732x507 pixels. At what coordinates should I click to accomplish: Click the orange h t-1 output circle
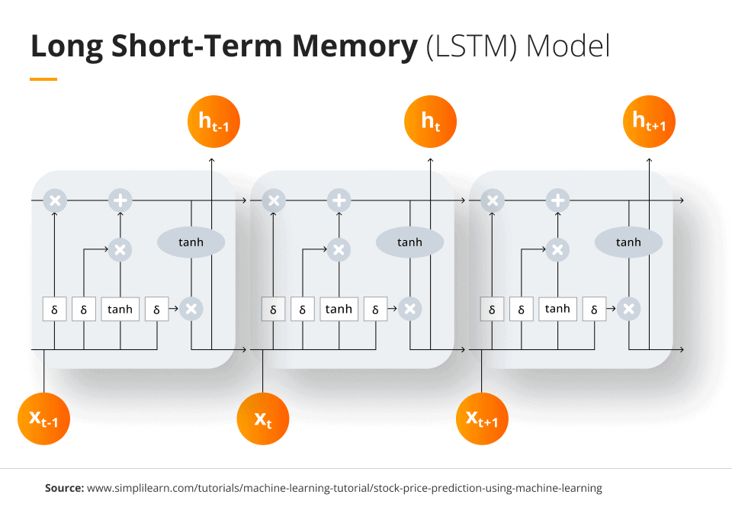(x=213, y=120)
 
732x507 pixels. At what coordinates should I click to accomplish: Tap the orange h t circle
(x=431, y=120)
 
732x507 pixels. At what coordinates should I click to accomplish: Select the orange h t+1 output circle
(x=650, y=120)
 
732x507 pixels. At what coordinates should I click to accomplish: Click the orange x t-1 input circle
(x=43, y=418)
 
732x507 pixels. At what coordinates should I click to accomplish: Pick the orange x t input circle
(x=262, y=418)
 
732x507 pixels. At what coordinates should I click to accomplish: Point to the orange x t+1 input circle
(x=482, y=418)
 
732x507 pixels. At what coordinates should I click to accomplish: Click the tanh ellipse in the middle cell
(x=409, y=242)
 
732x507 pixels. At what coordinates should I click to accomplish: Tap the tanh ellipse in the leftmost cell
(x=191, y=242)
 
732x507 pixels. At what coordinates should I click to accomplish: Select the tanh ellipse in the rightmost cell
(x=628, y=242)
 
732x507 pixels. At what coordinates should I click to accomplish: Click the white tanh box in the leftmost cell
(x=120, y=309)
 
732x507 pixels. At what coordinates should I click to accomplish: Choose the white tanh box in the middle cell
(x=339, y=309)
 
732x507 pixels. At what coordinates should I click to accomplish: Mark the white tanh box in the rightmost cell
(x=557, y=309)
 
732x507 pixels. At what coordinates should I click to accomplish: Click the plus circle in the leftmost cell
(x=120, y=201)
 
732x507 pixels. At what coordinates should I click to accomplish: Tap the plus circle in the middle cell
(x=339, y=201)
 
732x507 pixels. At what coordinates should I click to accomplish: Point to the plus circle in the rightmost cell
(x=557, y=201)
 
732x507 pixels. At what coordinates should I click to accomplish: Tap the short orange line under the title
(x=43, y=79)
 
